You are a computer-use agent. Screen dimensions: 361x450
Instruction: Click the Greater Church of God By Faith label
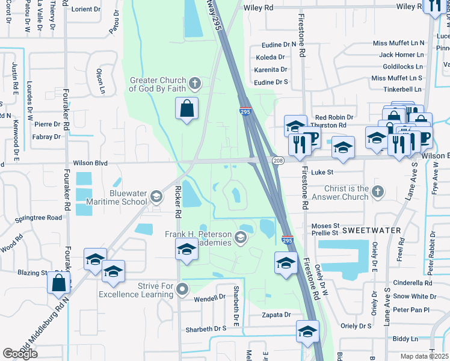[x=159, y=85]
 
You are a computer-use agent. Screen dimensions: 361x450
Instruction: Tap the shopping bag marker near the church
[x=187, y=110]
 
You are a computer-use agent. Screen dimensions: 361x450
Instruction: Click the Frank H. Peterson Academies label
[x=199, y=238]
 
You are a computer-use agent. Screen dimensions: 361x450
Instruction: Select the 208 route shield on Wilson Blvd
[x=278, y=161]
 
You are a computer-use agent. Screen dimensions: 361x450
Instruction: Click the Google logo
[x=20, y=353]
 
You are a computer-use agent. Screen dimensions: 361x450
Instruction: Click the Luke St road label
[x=322, y=173]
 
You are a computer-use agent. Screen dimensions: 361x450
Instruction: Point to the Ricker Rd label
[x=177, y=202]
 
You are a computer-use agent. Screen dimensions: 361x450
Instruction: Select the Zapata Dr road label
[x=277, y=315]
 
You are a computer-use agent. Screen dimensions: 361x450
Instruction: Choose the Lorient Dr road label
[x=86, y=9]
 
